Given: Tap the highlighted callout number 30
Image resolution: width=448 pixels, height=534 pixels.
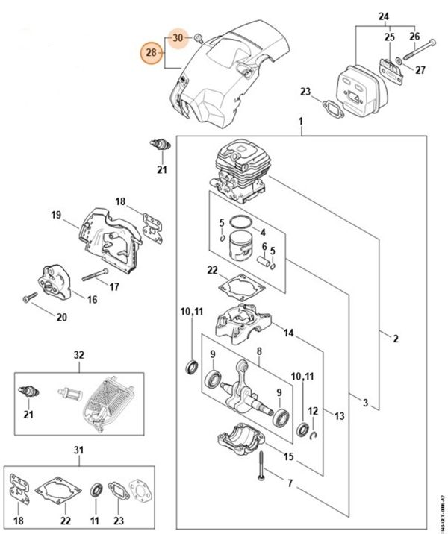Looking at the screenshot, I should pyautogui.click(x=178, y=37).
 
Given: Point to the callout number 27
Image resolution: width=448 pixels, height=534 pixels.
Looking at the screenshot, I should pyautogui.click(x=420, y=71).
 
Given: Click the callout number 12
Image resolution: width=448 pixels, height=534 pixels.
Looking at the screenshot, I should pyautogui.click(x=313, y=411).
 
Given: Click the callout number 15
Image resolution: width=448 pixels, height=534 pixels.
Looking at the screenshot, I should pyautogui.click(x=288, y=456).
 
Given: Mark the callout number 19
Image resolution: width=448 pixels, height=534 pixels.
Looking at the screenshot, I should pyautogui.click(x=55, y=216).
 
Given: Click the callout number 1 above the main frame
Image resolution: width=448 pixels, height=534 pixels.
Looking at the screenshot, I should pyautogui.click(x=299, y=121).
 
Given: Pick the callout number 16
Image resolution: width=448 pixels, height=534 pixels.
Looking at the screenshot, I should pyautogui.click(x=92, y=300).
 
